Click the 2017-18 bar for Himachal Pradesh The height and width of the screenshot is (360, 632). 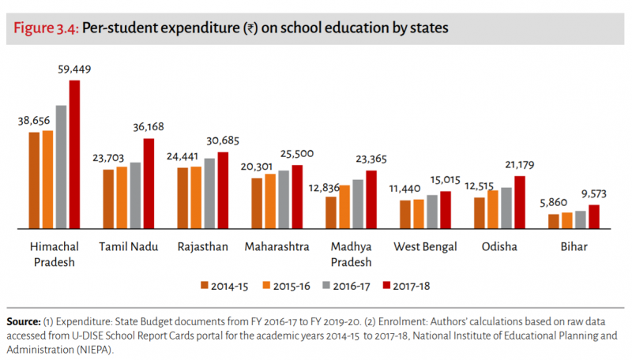[75, 155]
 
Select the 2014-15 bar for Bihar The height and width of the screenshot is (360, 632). [554, 221]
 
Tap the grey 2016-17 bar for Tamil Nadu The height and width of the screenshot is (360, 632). [135, 196]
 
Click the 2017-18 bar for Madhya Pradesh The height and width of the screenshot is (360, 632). [371, 200]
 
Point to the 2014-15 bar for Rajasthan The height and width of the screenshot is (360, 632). [182, 198]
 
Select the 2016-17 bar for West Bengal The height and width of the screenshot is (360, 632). [432, 212]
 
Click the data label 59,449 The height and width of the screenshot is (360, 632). [75, 69]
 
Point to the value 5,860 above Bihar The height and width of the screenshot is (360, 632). [554, 202]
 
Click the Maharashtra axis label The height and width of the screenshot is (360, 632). [276, 247]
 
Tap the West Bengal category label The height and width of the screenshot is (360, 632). [426, 247]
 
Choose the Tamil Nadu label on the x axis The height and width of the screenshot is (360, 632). [128, 247]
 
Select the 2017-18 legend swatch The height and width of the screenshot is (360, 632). [386, 286]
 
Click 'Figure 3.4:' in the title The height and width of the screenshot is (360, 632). [45, 28]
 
